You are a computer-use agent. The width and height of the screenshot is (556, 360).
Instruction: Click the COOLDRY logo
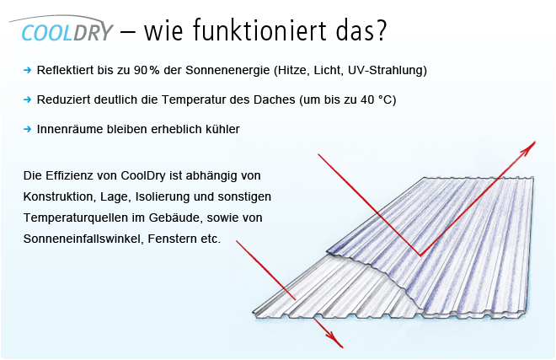61,29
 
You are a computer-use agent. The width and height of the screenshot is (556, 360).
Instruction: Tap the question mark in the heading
380,30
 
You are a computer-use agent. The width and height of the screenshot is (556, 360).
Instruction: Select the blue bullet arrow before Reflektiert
27,70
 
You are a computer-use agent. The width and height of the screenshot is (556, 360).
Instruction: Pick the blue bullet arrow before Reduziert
27,99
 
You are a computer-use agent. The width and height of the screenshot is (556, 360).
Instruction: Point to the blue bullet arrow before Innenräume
27,129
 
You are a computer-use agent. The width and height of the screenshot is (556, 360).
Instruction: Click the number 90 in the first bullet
141,70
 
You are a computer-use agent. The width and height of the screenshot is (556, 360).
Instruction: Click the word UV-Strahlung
388,70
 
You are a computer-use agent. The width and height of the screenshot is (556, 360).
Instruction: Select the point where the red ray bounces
420,255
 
